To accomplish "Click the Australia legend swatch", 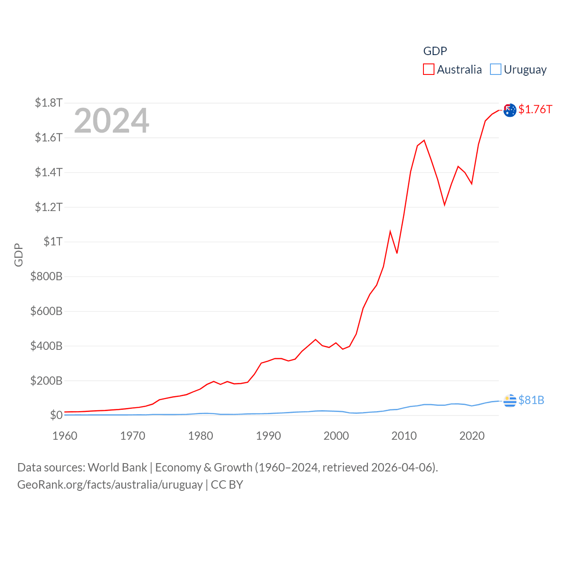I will (429, 70).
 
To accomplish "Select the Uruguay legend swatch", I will (496, 70).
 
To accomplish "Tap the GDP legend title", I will (435, 51).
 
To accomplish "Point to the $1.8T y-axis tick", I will (48, 103).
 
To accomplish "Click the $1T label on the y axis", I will (53, 241).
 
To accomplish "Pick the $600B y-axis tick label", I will (46, 311).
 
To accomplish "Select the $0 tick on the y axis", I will (56, 415).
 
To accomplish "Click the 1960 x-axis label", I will (65, 436).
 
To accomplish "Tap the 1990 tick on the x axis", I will (268, 436).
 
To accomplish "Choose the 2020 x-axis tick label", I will (472, 436).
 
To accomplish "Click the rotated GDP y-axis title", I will (19, 255).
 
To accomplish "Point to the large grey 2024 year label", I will (111, 121).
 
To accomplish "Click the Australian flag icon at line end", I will (510, 110).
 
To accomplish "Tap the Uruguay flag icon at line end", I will (510, 401).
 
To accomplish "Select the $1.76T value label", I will (535, 109).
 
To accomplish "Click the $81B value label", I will (531, 400).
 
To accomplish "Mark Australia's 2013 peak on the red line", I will (424, 141).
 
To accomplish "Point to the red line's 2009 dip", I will (397, 253).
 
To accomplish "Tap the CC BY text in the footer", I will (227, 485).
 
